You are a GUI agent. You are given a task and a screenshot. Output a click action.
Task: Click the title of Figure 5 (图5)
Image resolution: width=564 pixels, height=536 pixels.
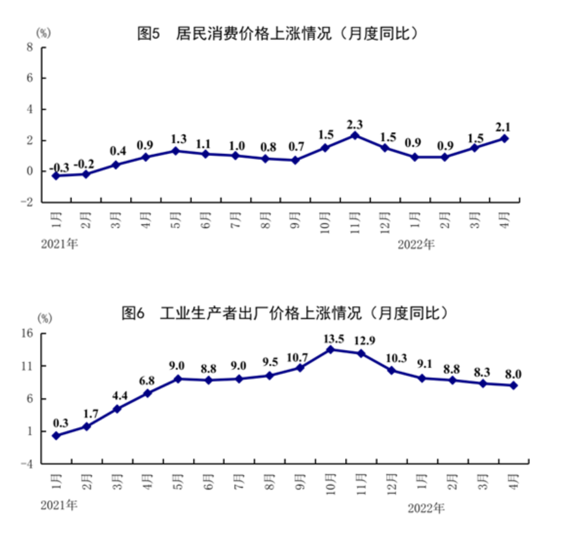(x=277, y=33)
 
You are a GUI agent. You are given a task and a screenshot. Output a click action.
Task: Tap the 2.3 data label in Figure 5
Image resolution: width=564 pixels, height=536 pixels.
(x=355, y=124)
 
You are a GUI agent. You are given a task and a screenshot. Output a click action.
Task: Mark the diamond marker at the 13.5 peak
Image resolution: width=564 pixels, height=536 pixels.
(x=331, y=349)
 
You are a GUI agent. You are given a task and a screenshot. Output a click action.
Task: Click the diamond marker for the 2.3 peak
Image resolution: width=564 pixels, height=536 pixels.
(x=355, y=135)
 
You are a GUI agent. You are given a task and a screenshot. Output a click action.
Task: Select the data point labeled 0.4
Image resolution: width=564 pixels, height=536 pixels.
(x=116, y=165)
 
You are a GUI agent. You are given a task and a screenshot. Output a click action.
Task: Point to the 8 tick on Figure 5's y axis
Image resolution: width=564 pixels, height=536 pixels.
(x=29, y=47)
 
